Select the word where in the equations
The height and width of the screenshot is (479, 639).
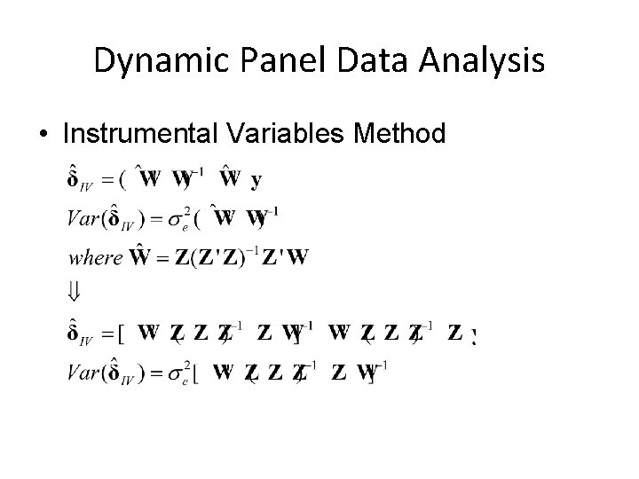(95, 258)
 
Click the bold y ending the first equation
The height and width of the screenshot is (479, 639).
(256, 181)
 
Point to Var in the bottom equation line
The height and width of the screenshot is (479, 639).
(82, 373)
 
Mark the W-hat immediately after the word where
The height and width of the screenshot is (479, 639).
(139, 257)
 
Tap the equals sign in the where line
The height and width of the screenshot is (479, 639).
(162, 258)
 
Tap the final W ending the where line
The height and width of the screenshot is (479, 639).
(299, 257)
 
